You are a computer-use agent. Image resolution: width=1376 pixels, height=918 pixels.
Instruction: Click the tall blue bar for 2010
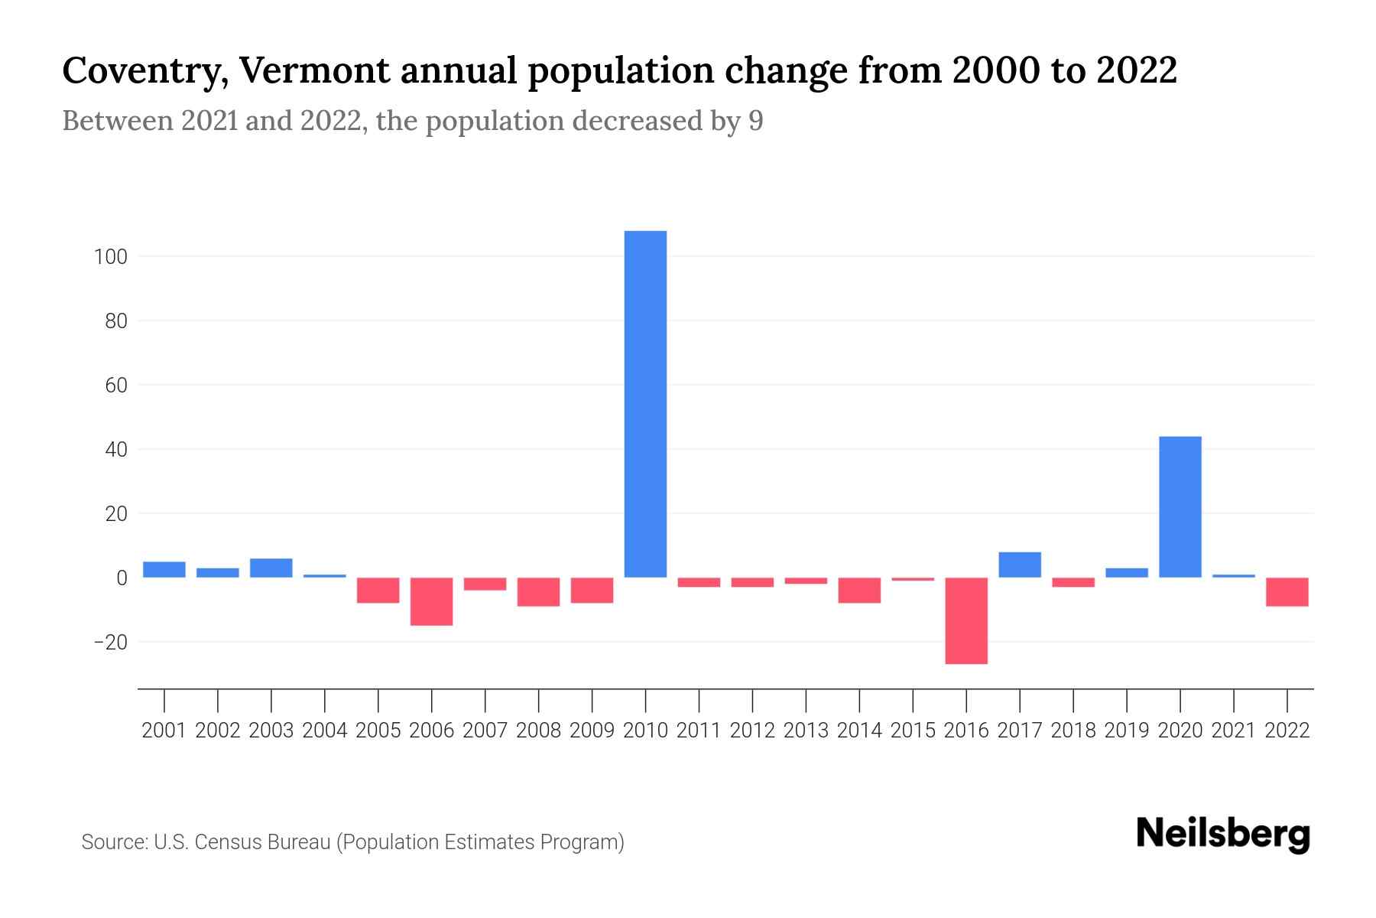(x=645, y=404)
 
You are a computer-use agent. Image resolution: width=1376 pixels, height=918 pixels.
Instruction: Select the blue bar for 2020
(x=1180, y=506)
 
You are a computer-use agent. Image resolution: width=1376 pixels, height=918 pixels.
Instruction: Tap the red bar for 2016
(x=966, y=620)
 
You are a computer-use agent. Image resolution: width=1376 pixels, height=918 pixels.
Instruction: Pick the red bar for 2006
(x=432, y=601)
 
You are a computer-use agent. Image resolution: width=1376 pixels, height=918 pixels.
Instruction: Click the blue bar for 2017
(x=1020, y=565)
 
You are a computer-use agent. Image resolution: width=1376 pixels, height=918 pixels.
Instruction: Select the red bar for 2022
(x=1287, y=591)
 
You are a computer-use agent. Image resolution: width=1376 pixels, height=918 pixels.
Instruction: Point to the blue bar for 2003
(x=271, y=568)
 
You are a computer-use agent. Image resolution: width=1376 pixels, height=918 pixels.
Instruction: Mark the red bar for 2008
(x=538, y=591)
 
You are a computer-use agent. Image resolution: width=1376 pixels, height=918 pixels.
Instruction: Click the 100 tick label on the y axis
(x=110, y=257)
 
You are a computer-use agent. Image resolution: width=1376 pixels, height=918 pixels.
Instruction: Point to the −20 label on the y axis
(x=109, y=643)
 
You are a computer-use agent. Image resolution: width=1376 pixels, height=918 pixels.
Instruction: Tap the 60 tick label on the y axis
(x=115, y=386)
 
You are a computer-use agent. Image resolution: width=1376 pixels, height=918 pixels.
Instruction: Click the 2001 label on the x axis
(x=164, y=731)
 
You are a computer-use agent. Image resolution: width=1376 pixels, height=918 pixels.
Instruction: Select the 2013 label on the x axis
(x=806, y=731)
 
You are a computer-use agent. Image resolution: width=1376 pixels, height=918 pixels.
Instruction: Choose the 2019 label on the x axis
(x=1126, y=731)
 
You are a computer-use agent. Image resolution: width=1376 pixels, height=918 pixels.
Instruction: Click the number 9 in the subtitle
(x=755, y=121)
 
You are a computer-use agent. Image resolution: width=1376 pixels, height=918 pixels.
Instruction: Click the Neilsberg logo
(x=1222, y=834)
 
